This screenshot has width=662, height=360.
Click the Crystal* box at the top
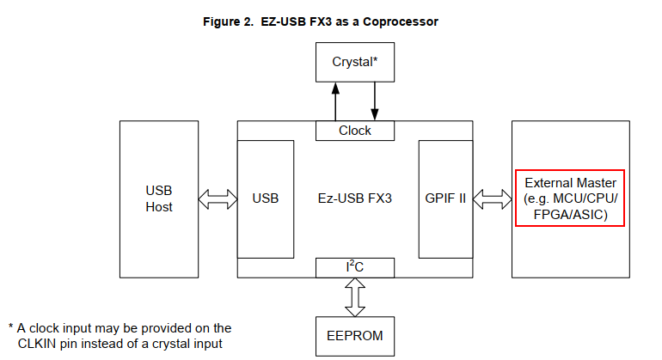point(354,62)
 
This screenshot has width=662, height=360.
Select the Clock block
point(354,131)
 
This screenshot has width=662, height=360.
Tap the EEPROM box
point(354,335)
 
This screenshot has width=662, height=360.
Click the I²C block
point(354,267)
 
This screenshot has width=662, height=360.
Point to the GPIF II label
point(445,198)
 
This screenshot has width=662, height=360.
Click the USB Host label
point(159,198)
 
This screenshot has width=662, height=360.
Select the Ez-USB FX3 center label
point(355,198)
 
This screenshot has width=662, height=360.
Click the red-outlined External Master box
point(569,198)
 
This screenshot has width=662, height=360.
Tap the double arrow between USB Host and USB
point(218,199)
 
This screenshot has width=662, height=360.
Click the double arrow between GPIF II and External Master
point(492,199)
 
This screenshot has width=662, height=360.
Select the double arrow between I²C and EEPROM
point(355,296)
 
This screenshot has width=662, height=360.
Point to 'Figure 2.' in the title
point(230,21)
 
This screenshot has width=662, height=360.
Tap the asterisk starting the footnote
point(11,328)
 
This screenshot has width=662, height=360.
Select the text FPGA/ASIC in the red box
point(569,214)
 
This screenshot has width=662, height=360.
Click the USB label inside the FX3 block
point(266,198)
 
